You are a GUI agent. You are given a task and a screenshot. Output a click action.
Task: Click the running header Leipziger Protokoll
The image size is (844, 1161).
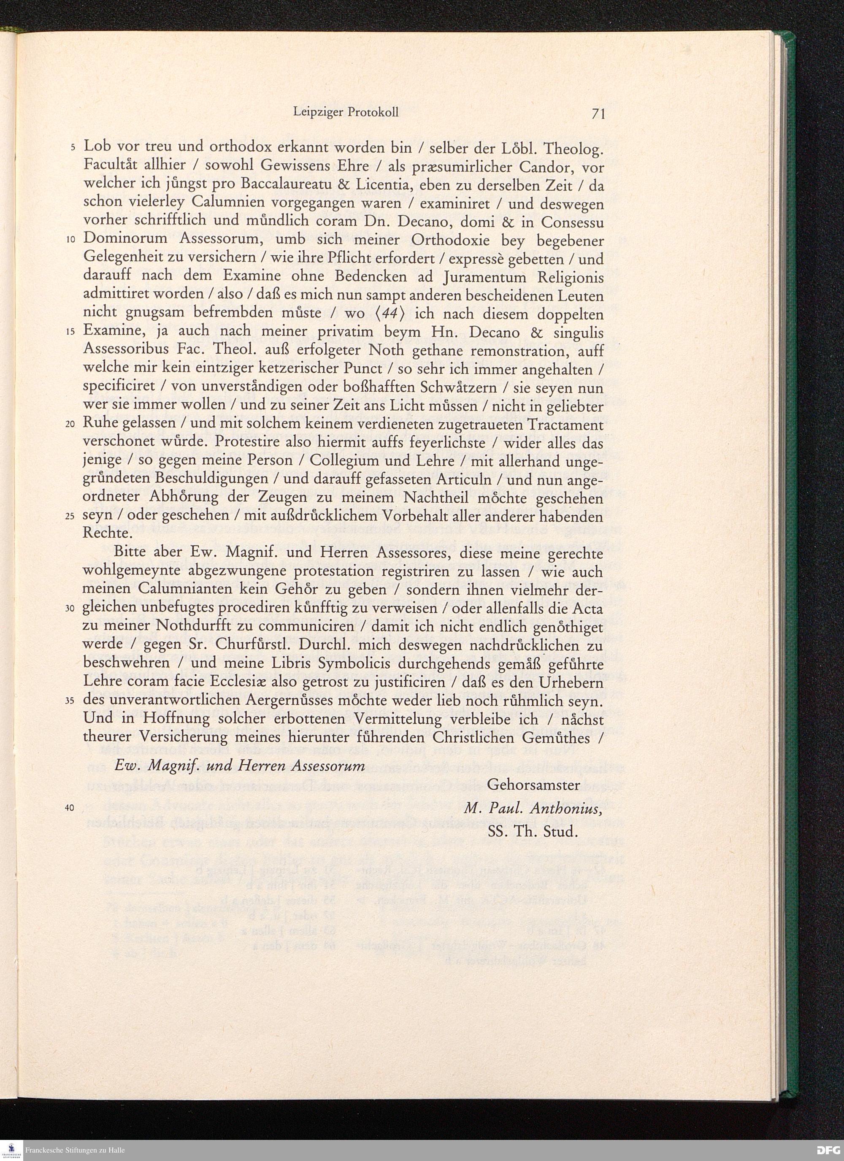click(x=346, y=112)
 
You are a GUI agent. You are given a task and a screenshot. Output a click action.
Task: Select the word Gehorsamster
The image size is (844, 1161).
click(x=534, y=785)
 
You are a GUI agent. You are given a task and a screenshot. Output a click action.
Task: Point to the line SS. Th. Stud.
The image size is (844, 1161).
click(x=533, y=831)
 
